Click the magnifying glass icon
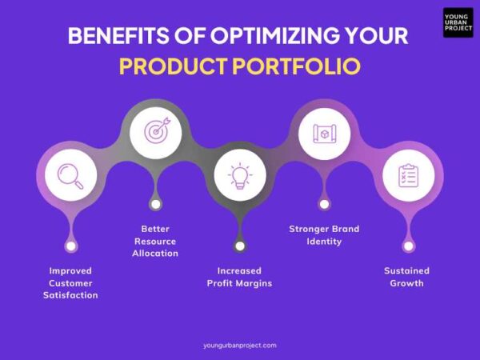click(71, 175)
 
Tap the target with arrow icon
click(156, 130)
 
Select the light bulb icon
click(240, 175)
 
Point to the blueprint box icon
click(324, 130)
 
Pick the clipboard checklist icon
click(408, 175)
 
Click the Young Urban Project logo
click(458, 22)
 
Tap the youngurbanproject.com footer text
click(240, 345)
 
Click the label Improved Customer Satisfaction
click(71, 282)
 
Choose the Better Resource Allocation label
click(155, 241)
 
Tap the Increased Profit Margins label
click(240, 276)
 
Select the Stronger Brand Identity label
click(324, 234)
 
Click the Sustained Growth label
click(408, 276)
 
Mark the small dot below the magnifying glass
click(71, 246)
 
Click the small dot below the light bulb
click(240, 246)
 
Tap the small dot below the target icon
click(156, 204)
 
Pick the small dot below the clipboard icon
click(408, 246)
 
